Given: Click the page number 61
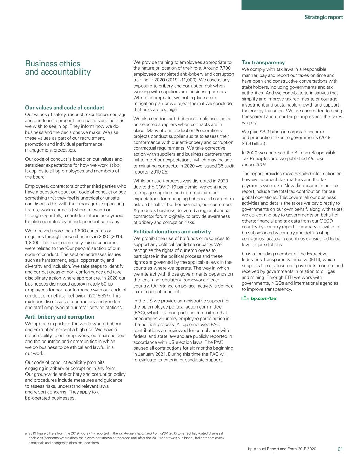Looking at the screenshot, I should [340, 449].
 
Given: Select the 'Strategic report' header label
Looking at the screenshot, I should [324, 17].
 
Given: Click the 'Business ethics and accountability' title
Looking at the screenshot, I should [58, 68].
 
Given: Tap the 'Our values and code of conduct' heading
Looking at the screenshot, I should [65, 108].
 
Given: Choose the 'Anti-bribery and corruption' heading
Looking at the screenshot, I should [60, 317].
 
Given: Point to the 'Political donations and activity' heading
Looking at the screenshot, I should [172, 232].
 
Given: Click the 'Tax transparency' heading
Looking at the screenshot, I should [263, 63].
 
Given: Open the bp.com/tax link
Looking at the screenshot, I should [263, 298].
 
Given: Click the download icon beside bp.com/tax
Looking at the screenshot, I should [245, 298].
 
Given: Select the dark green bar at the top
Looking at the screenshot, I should [292, 5].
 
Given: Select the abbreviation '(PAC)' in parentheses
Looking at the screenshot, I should [139, 313].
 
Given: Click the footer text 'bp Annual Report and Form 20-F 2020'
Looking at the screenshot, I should [282, 449].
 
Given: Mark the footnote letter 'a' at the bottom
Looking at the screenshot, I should [26, 433].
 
